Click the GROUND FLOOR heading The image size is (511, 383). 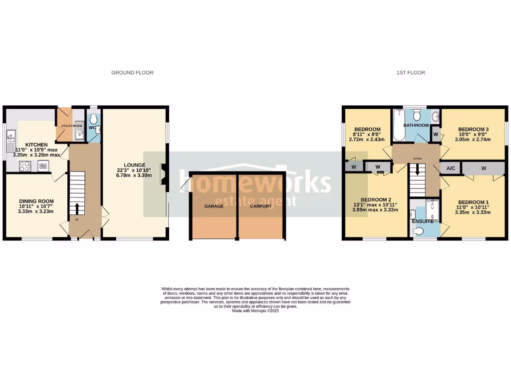click(132, 73)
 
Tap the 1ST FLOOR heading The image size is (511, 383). click(411, 73)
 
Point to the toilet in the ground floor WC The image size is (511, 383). click(93, 120)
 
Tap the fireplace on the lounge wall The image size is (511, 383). click(163, 176)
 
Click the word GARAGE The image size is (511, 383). click(214, 206)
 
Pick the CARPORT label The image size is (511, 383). click(260, 206)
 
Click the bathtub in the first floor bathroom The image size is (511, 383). click(398, 125)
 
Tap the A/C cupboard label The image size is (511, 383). click(451, 169)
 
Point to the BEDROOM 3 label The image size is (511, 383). click(473, 129)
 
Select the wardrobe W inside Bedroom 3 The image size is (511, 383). click(435, 134)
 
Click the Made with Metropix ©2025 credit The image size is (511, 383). click(255, 311)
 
